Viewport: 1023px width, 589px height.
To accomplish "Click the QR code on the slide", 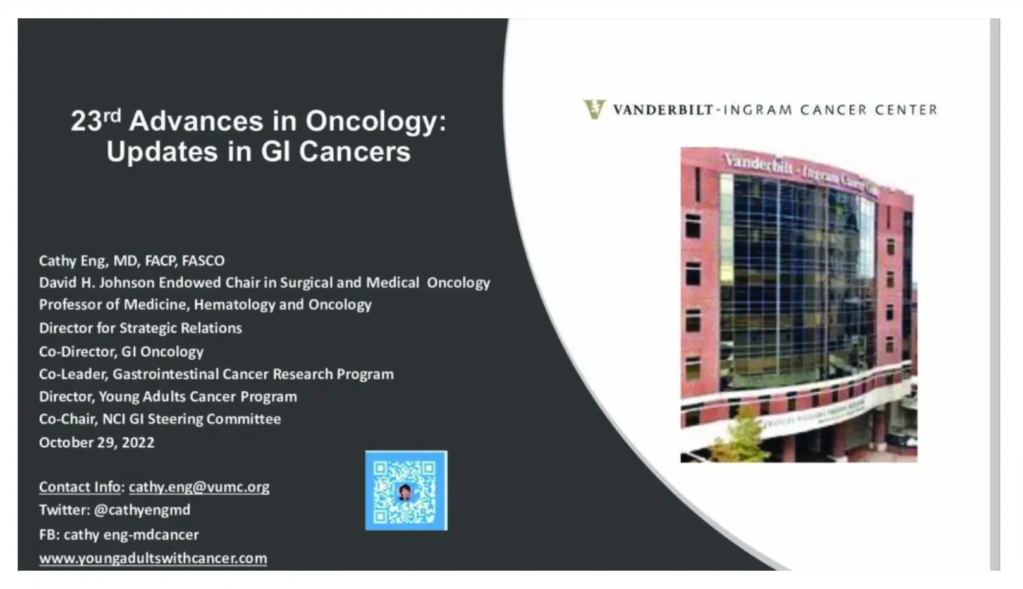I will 406,490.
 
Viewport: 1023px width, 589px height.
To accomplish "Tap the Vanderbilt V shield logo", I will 594,109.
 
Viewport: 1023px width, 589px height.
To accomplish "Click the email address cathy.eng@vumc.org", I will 199,487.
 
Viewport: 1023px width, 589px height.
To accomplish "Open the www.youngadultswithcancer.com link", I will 153,559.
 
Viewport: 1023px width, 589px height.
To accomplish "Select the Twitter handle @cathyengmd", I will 142,510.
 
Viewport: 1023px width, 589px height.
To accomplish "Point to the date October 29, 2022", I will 97,442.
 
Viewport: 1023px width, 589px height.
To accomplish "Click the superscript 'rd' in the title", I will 112,115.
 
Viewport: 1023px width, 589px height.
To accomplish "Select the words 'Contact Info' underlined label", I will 80,487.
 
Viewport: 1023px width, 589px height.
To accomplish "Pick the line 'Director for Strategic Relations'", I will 140,328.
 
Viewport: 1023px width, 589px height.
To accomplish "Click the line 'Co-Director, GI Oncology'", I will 121,351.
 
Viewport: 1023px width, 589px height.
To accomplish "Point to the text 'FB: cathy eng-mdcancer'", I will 119,535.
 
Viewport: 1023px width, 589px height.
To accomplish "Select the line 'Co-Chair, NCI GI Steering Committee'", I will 160,419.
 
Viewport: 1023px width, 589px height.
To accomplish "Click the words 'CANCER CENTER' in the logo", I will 869,110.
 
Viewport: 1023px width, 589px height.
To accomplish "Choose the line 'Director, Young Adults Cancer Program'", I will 168,397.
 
